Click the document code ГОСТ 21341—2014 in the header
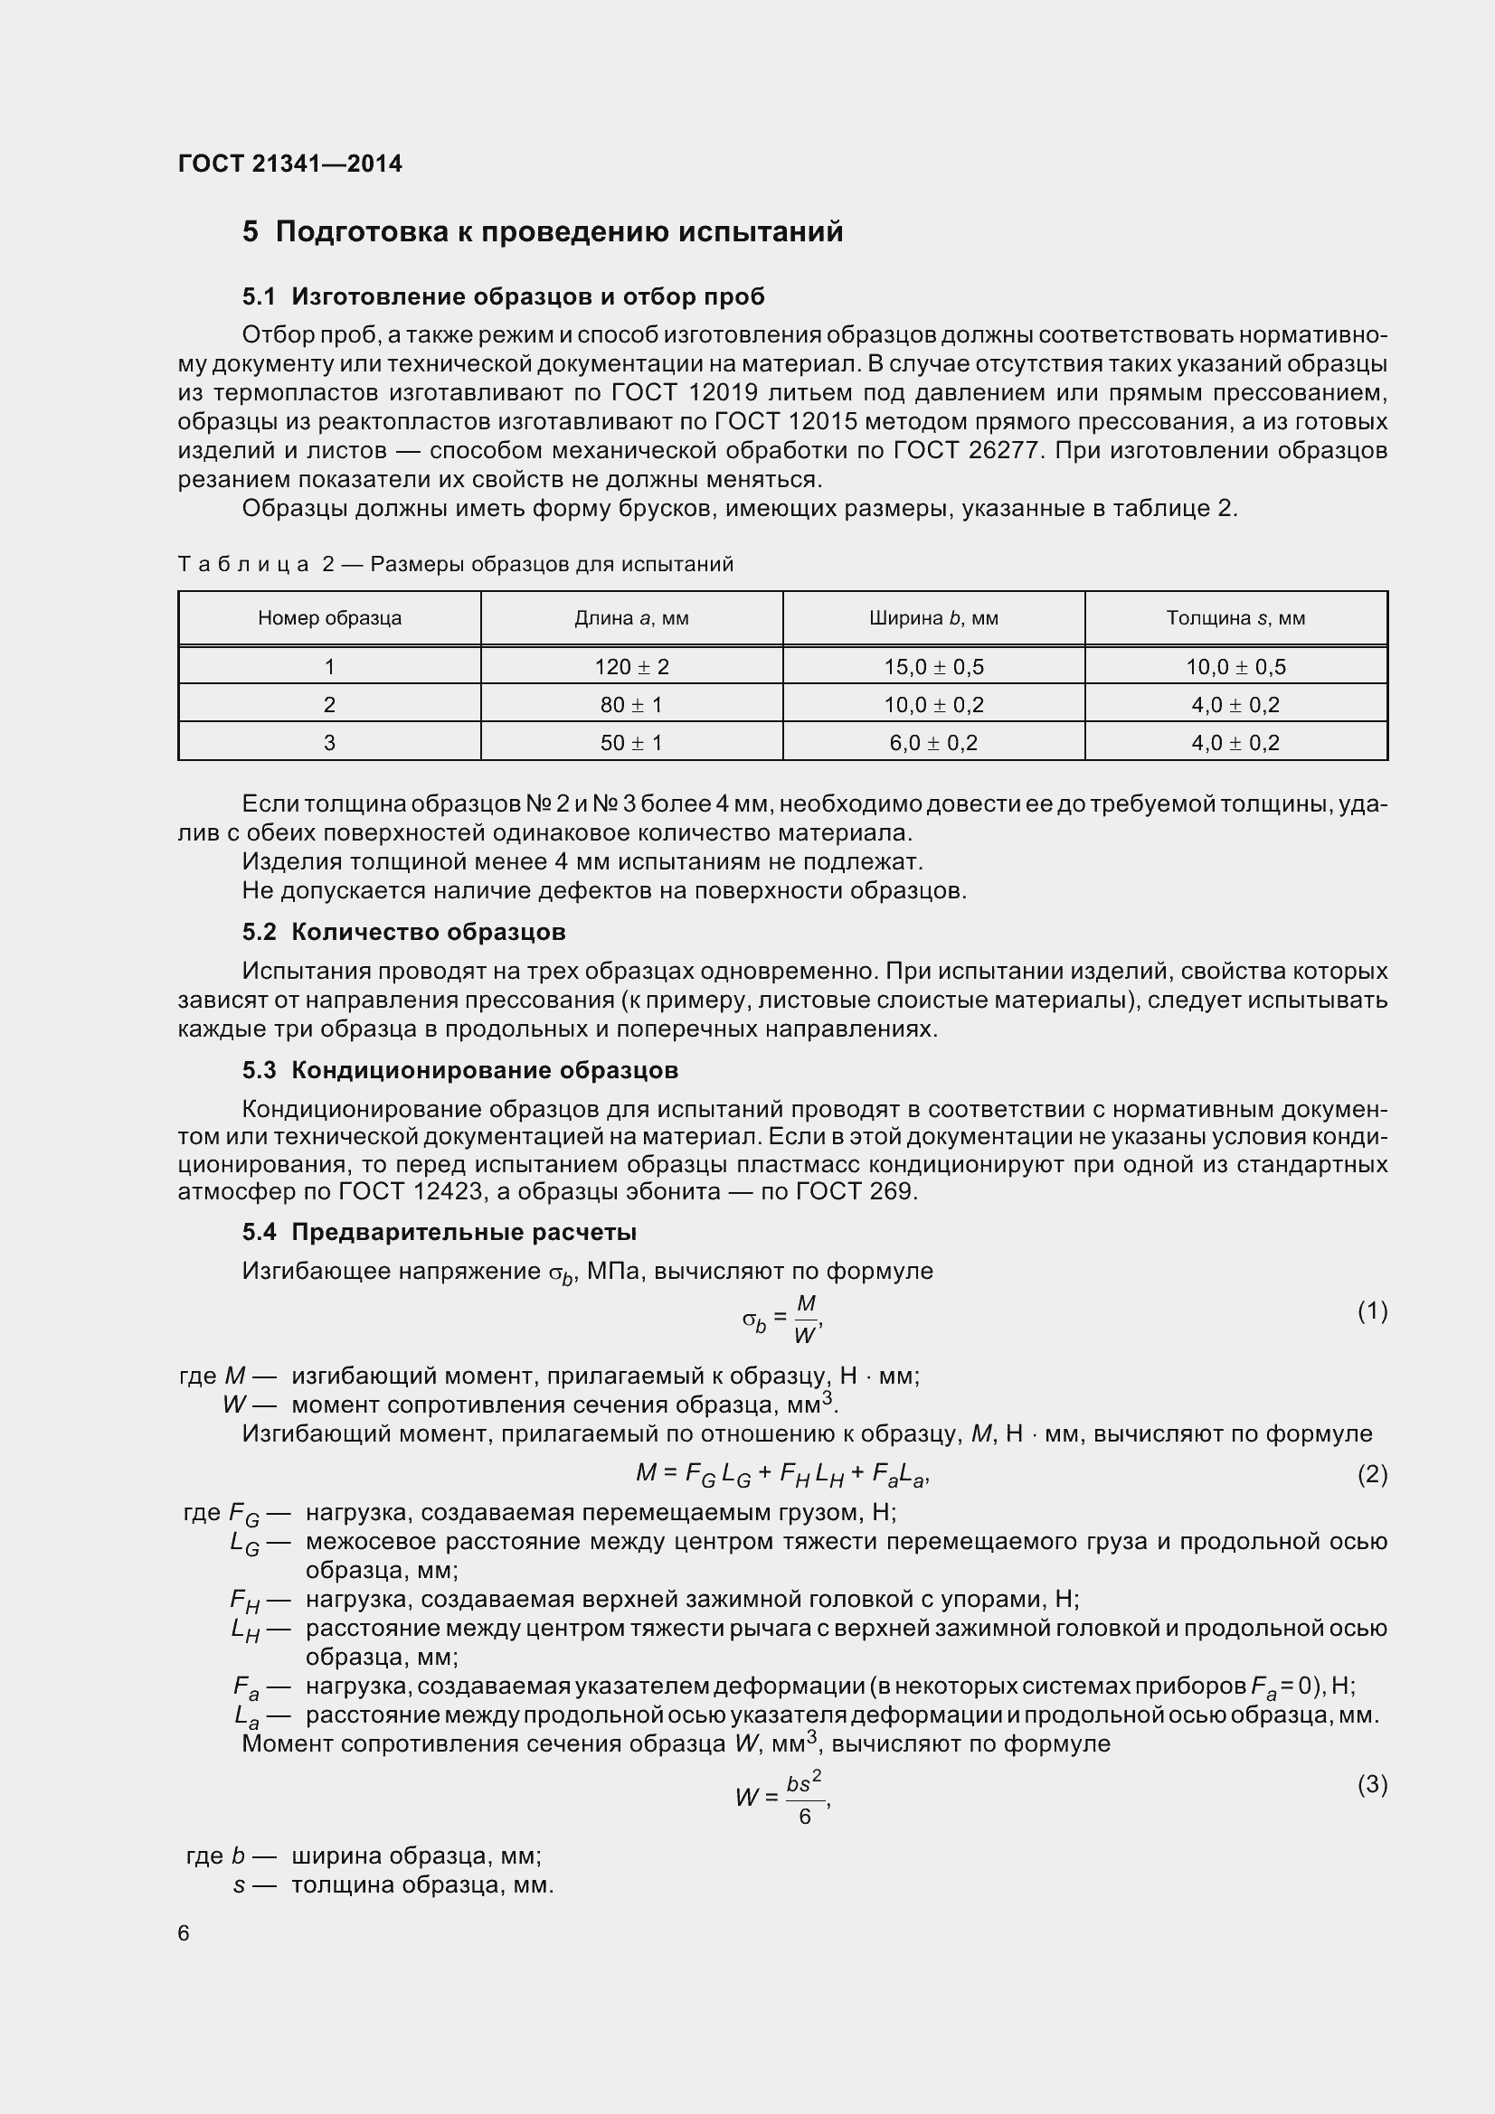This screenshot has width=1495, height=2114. [x=290, y=164]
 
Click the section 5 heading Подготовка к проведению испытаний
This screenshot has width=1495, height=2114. [x=543, y=231]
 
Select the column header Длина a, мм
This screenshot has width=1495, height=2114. [x=631, y=618]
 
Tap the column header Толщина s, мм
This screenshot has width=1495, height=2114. [x=1235, y=618]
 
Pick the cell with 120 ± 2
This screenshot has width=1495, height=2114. [x=631, y=667]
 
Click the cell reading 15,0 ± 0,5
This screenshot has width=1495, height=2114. [x=933, y=667]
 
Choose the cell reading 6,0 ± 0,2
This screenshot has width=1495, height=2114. [x=933, y=742]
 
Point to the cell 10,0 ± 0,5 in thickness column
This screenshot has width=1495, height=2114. [x=1235, y=667]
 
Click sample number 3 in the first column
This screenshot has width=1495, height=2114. [x=329, y=742]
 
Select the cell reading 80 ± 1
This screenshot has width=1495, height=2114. [x=631, y=704]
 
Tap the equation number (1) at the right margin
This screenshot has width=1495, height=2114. [x=1372, y=1311]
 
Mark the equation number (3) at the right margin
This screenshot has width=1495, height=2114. [x=1372, y=1784]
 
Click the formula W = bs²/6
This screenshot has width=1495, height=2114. [x=783, y=1797]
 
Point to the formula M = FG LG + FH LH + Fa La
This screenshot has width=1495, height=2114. [x=783, y=1474]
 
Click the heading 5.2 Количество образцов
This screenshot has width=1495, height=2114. [x=403, y=932]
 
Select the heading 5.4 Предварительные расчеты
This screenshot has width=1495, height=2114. [x=440, y=1232]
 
